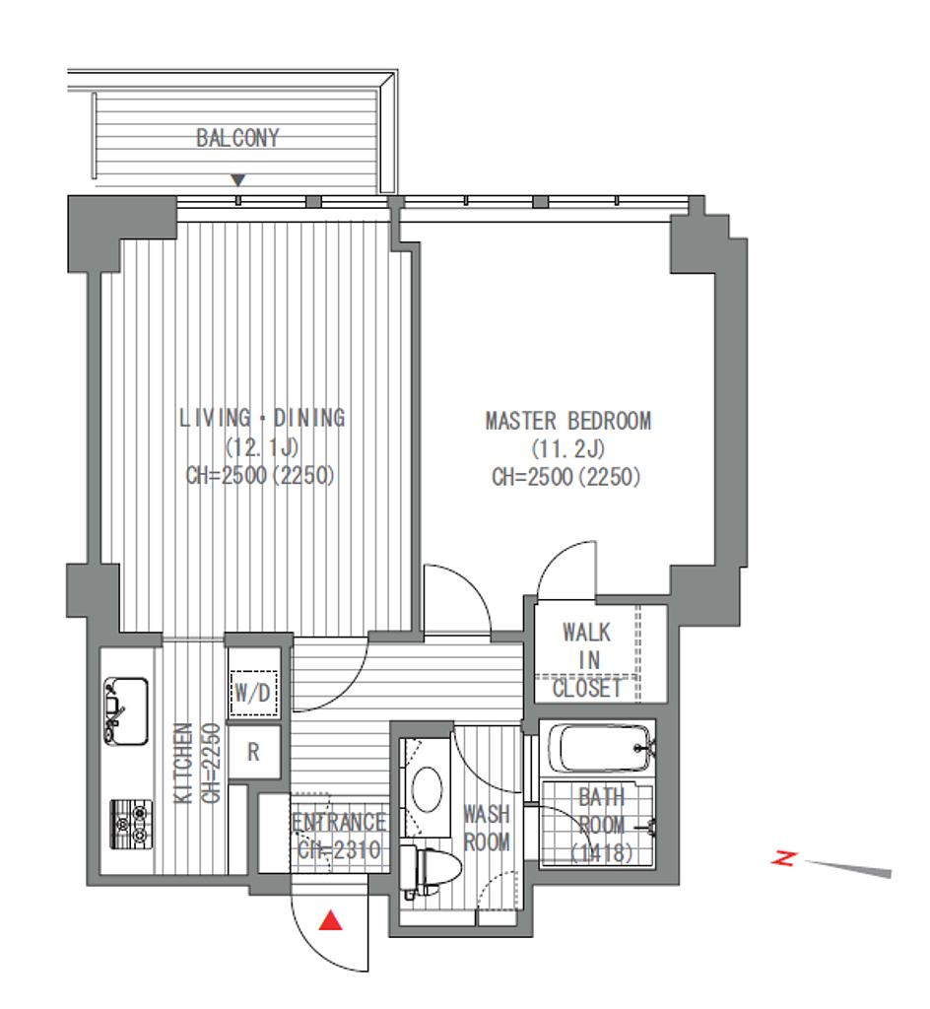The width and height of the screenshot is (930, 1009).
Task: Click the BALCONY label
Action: (x=237, y=138)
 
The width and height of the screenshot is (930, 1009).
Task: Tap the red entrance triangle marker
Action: (x=331, y=920)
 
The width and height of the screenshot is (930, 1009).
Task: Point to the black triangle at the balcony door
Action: (x=238, y=179)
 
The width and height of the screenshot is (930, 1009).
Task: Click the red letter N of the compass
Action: (x=784, y=858)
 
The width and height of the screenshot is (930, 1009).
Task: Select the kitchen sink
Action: (x=126, y=711)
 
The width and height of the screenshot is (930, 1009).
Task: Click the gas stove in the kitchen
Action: (x=132, y=825)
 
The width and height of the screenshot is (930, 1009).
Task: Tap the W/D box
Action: (x=253, y=693)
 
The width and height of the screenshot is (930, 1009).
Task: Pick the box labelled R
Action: (x=253, y=752)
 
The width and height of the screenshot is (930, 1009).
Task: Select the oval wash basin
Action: (x=427, y=789)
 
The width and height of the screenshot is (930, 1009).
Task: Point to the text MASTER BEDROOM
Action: (x=567, y=421)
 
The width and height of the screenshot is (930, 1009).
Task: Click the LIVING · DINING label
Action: (x=262, y=418)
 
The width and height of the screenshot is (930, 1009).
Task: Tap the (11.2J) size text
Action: (x=567, y=448)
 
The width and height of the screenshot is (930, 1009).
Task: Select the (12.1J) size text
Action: (x=262, y=446)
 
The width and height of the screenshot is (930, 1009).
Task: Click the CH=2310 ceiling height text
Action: (x=339, y=850)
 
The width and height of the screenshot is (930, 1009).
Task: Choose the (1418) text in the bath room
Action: (x=602, y=852)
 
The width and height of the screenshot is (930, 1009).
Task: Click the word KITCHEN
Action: (x=184, y=764)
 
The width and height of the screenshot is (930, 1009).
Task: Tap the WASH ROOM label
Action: (x=487, y=828)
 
